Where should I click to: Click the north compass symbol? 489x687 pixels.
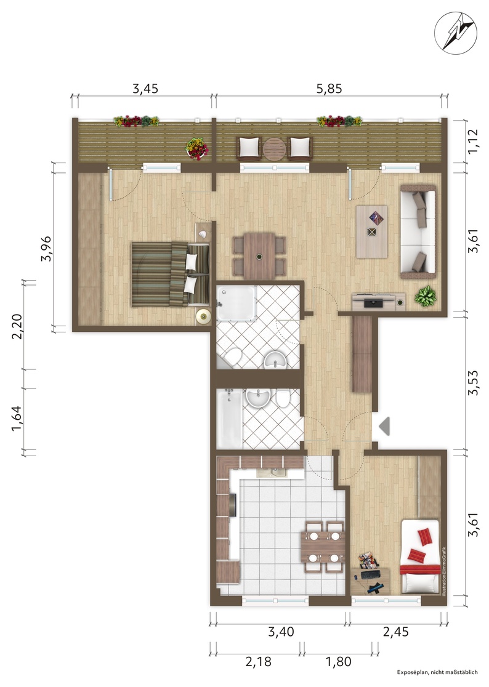(x=456, y=30)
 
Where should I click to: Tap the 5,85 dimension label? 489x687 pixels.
(x=329, y=89)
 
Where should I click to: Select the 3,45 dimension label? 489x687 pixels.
(x=145, y=89)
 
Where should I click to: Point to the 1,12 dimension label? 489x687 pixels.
(x=474, y=141)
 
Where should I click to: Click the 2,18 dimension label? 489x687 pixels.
(x=259, y=661)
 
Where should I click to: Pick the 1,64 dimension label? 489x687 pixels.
(x=16, y=419)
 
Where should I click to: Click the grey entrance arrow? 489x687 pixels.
(x=384, y=427)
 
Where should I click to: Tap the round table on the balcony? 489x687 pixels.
(x=274, y=149)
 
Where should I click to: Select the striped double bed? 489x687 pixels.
(x=171, y=275)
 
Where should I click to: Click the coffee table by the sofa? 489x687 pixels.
(x=371, y=231)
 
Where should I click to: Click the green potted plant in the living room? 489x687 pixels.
(x=426, y=296)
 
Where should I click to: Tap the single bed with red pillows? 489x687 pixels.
(x=420, y=557)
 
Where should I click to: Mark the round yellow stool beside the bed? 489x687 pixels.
(x=203, y=316)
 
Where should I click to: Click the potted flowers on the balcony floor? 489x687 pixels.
(x=198, y=148)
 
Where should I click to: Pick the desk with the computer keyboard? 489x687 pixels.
(x=370, y=581)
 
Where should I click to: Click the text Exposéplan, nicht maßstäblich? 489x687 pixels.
(x=437, y=672)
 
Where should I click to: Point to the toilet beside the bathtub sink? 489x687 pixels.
(x=283, y=399)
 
